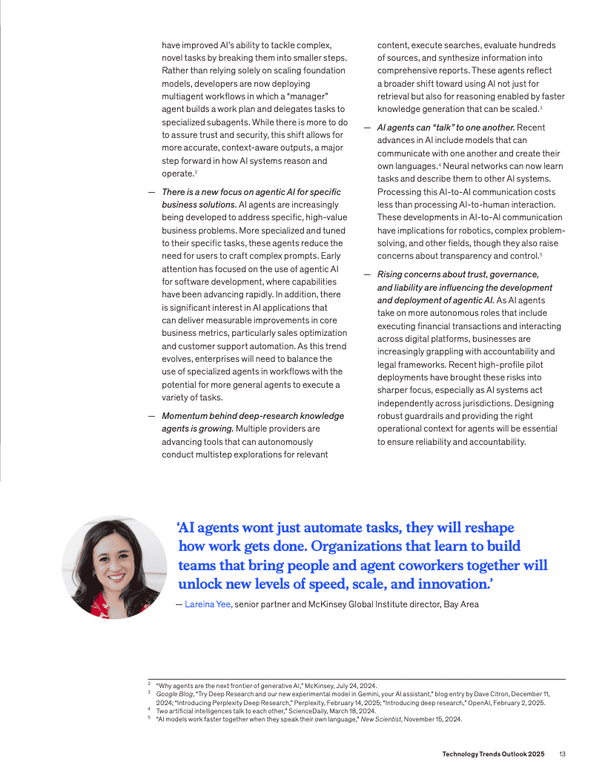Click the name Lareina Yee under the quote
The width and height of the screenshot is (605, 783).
[208, 604]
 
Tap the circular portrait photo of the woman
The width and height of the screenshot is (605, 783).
[114, 567]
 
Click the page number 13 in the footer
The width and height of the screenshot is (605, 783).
[563, 754]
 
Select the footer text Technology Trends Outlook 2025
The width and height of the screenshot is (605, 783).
[493, 754]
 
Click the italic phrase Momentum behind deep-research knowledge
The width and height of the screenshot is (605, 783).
[253, 416]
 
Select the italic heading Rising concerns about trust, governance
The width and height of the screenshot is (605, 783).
[457, 274]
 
